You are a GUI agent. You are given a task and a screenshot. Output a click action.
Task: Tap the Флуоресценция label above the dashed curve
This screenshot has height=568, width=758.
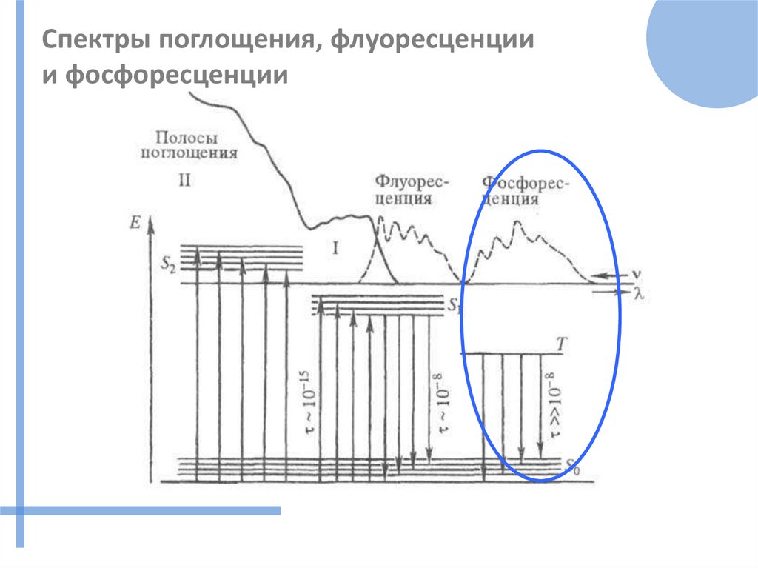pyautogui.click(x=404, y=190)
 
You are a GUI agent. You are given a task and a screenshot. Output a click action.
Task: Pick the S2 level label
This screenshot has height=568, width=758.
pyautogui.click(x=167, y=261)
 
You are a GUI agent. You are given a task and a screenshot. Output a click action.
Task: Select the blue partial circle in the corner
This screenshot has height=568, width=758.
pyautogui.click(x=707, y=48)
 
